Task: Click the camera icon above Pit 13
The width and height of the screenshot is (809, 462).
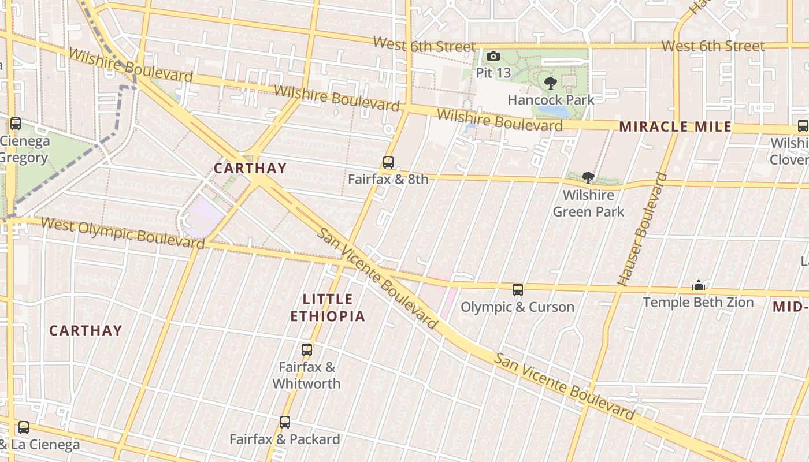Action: (493, 56)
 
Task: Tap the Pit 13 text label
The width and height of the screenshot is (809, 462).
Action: (493, 73)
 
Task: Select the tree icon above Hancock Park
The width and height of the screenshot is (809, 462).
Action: (551, 83)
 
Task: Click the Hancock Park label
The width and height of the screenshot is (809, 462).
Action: (551, 100)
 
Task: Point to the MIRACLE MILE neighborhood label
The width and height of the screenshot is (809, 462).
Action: (675, 127)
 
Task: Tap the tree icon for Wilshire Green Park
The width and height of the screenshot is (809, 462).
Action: (588, 178)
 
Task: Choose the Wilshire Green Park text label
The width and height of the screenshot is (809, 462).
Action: (588, 203)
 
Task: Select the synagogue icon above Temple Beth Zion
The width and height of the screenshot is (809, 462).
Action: (698, 285)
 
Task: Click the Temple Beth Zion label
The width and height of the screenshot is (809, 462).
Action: (698, 302)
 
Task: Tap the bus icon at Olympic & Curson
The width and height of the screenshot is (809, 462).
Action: (518, 290)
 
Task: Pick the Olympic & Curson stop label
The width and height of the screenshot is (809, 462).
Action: (518, 307)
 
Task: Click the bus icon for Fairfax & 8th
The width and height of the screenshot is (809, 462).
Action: (388, 162)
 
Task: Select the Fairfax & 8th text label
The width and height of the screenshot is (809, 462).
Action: (388, 179)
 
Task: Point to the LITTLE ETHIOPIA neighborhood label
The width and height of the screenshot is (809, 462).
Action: (328, 308)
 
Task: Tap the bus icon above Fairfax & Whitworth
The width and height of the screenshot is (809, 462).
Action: (307, 349)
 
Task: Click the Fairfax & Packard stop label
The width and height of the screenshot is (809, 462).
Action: (285, 439)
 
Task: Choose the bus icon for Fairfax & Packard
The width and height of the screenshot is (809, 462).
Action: (285, 422)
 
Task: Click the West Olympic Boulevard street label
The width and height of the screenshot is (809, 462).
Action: (123, 233)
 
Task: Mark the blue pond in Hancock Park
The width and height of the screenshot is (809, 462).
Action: (552, 110)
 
